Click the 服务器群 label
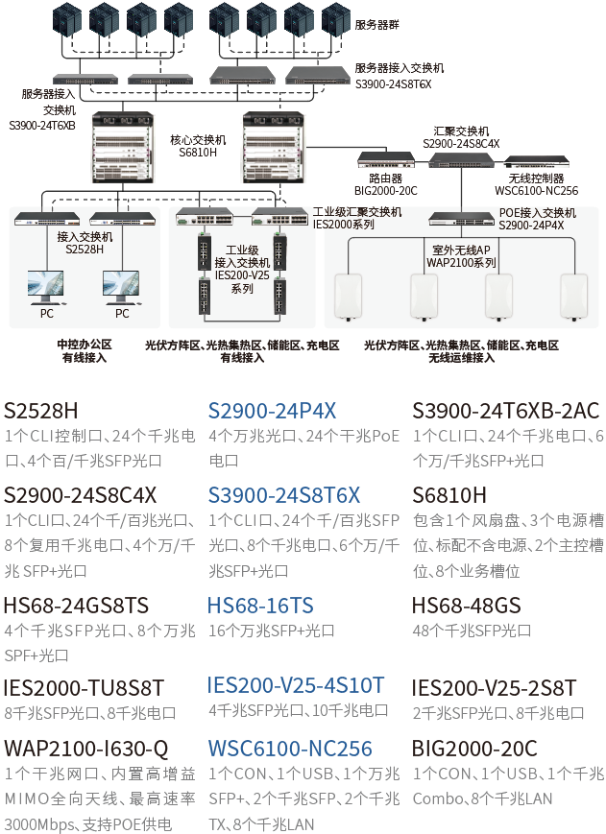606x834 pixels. pos(376,24)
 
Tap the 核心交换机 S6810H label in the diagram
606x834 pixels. pos(198,146)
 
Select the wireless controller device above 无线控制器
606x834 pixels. pos(536,161)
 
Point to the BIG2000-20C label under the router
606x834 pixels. pos(386,190)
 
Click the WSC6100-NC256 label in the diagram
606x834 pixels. pos(536,190)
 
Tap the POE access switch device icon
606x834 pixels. pos(461,219)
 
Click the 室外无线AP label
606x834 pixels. pos(461,250)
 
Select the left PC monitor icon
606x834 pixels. pos(46,287)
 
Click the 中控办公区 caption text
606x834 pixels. pos(85,345)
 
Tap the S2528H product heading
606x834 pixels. pos(41,411)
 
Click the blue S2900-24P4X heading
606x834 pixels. pos(272,411)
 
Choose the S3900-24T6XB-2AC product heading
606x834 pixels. pos(505,411)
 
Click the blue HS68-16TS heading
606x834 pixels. pos(260,606)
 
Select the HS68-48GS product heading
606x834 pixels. pos(466,606)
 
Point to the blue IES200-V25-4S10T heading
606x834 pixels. pos(295,685)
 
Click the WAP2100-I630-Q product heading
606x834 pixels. pos(86,749)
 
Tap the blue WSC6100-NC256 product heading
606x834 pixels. pos(290,749)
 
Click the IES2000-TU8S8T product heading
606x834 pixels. pos(84,688)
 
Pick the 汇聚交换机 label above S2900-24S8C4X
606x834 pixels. pos(461,131)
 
